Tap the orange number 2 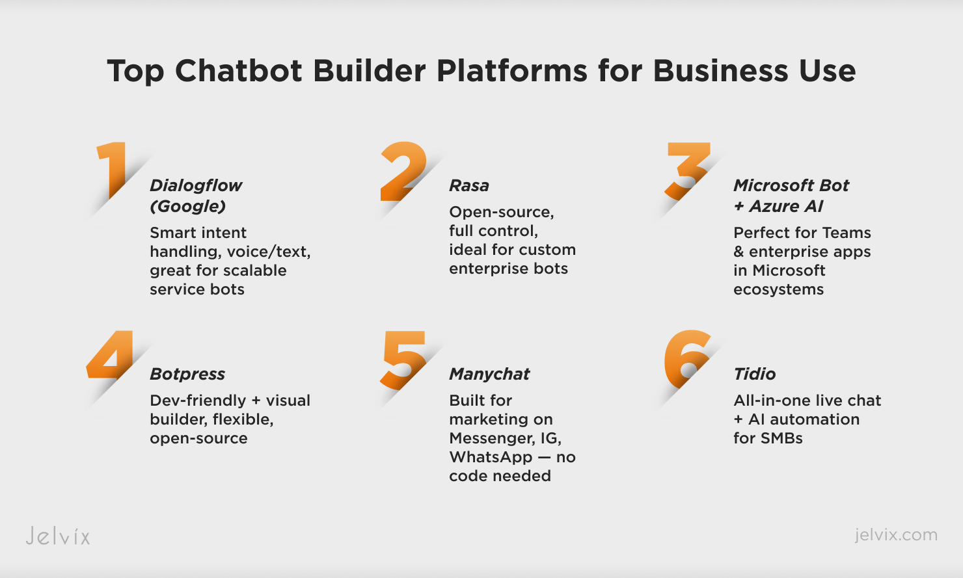(403, 171)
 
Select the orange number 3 (687, 171)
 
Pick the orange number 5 (403, 360)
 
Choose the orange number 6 (687, 359)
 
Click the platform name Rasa (469, 186)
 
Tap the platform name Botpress (187, 374)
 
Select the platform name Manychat (490, 374)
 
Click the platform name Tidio (755, 374)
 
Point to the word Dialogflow (196, 186)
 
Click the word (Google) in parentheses (188, 207)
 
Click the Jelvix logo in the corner (58, 536)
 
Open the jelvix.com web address (896, 535)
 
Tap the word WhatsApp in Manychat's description (490, 457)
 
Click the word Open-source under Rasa (502, 212)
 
